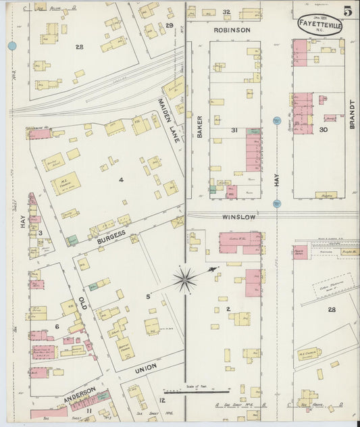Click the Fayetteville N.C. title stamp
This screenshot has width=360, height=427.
[319, 25]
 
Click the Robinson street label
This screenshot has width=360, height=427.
[232, 30]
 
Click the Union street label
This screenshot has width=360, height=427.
[146, 367]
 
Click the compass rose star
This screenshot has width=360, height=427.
[185, 279]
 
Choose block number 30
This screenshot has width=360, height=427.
[324, 129]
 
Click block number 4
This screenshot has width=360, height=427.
[121, 180]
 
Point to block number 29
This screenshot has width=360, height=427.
[170, 26]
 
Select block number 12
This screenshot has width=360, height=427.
[162, 401]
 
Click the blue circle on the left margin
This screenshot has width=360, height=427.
[11, 46]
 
